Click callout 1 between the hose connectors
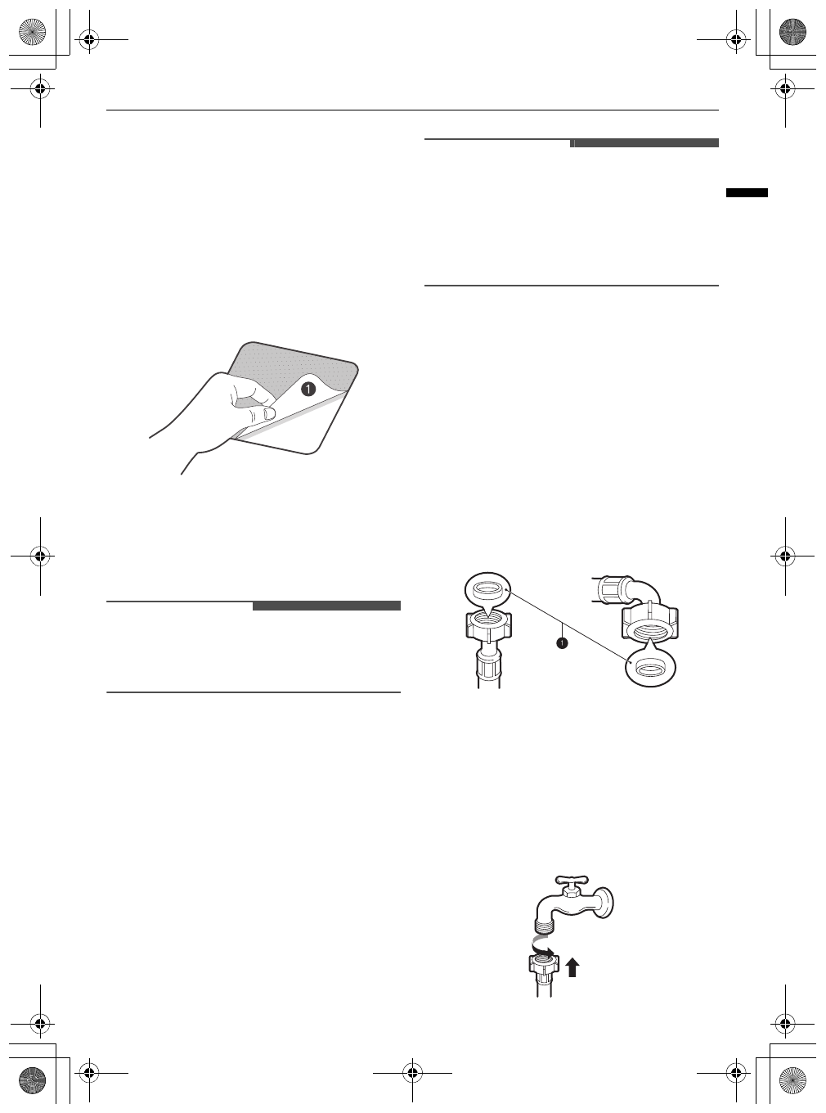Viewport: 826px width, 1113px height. click(x=562, y=644)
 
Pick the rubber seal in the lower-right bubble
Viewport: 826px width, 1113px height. click(x=649, y=667)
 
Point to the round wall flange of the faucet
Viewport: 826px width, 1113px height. click(x=608, y=904)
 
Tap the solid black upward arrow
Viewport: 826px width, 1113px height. click(x=572, y=967)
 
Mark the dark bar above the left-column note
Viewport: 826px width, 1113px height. click(x=326, y=606)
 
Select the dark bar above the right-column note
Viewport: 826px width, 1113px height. click(x=644, y=143)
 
